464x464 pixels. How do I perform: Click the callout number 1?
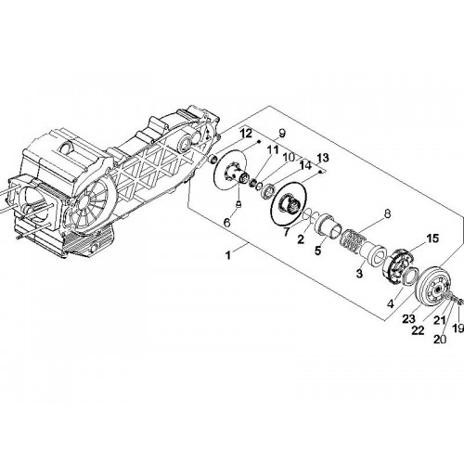228,255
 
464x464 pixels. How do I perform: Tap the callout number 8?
387,213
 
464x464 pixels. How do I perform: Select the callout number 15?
432,238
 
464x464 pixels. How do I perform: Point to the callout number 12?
247,134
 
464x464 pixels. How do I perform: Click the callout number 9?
282,134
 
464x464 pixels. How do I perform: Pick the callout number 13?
323,158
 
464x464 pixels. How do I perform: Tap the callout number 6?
227,223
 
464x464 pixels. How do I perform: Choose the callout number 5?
318,251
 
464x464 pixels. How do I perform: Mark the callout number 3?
359,273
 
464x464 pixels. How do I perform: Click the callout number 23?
408,319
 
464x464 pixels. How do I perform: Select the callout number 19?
458,328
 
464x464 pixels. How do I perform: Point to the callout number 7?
287,231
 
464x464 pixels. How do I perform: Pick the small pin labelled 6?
238,204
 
